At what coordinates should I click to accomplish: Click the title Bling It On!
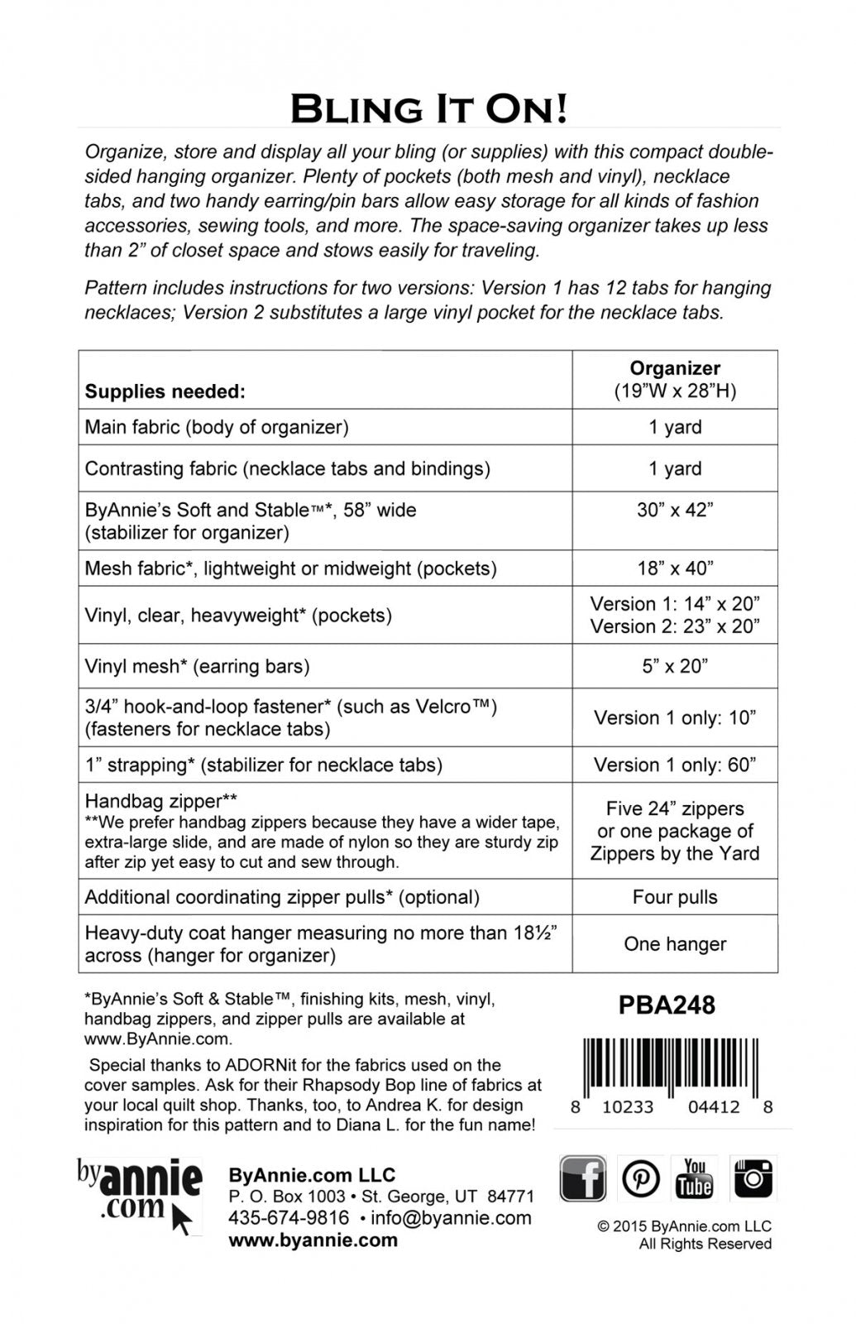(428, 108)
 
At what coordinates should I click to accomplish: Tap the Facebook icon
(583, 1178)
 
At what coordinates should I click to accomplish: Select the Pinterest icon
(641, 1178)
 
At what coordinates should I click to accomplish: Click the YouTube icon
(694, 1178)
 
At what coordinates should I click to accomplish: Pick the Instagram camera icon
(753, 1178)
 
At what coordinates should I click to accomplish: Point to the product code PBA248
(667, 1005)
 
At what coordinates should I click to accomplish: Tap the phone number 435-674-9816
(289, 1218)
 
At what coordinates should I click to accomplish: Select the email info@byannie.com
(451, 1218)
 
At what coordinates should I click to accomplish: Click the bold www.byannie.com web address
(313, 1240)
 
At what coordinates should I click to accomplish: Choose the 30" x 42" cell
(675, 510)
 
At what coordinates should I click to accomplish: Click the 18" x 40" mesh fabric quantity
(675, 568)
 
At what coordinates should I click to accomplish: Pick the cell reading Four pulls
(675, 897)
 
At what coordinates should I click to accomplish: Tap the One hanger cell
(675, 944)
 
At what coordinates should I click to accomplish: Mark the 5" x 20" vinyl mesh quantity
(675, 666)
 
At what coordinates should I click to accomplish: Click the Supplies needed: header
(165, 391)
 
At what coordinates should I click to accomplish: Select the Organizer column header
(675, 369)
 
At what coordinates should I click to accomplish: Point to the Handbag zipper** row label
(161, 801)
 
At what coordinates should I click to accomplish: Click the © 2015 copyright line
(684, 1226)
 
